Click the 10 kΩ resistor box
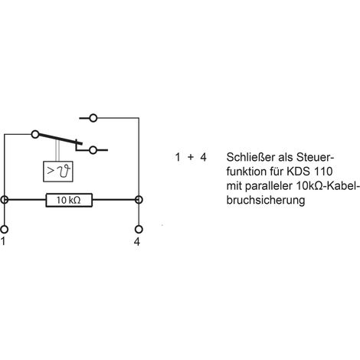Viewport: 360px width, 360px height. pos(69,200)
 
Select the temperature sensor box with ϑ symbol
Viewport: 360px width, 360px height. pos(58,172)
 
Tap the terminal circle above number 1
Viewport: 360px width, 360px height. pos(5,229)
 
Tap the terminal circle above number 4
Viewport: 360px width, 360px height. pos(139,229)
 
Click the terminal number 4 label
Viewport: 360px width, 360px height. pos(137,242)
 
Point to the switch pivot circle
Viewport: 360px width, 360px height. pos(35,134)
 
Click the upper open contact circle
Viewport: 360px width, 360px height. pos(93,118)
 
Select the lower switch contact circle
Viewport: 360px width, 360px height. pos(93,150)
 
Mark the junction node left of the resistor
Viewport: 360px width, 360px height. pos(5,200)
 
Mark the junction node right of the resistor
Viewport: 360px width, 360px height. pos(139,200)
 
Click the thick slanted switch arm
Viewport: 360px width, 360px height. pos(61,139)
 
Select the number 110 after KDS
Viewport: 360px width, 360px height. pos(323,172)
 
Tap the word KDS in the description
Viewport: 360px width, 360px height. pos(299,172)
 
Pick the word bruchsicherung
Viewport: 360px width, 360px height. pos(266,201)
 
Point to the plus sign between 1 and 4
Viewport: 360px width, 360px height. pos(191,157)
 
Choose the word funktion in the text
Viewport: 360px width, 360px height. pos(246,172)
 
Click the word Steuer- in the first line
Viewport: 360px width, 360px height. pos(315,157)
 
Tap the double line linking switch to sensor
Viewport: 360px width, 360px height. pos(58,151)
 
